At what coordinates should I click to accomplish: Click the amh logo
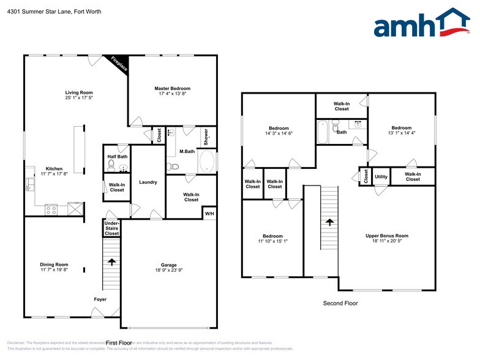pos(422,24)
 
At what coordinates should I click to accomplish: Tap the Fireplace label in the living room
pos(119,64)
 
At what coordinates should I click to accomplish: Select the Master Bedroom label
pos(172,89)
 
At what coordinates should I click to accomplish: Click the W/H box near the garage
pos(209,213)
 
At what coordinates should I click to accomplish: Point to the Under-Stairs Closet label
pos(111,228)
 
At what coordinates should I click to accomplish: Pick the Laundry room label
pos(148,182)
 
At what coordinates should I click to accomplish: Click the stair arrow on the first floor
pos(111,262)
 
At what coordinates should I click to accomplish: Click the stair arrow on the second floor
pos(329,223)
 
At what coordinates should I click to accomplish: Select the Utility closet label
pos(381,176)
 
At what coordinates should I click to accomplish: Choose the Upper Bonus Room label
pos(386,235)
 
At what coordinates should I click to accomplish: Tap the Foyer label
pos(100,299)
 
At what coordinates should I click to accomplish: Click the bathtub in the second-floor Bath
pos(323,131)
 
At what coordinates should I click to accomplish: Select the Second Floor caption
pos(340,303)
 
